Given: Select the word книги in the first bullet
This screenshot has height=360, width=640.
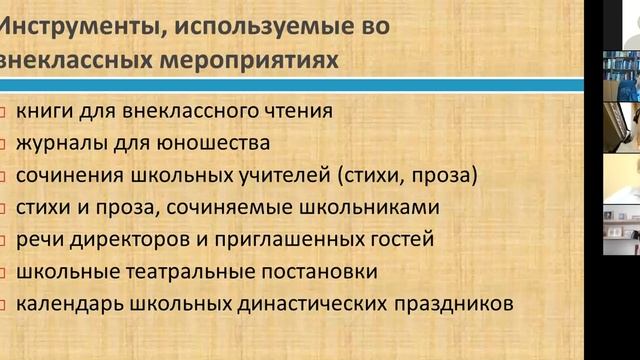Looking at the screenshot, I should (44, 112).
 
